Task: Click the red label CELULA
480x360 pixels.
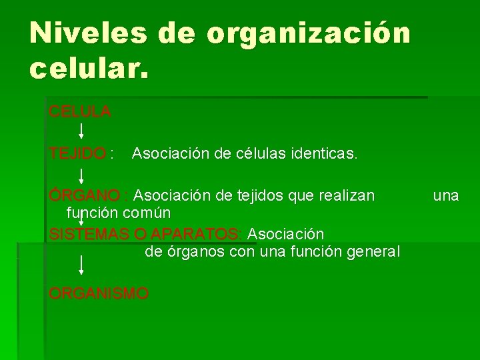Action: pos(80,111)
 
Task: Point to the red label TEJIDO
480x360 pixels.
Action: pos(77,154)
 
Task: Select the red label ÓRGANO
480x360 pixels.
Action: pos(84,196)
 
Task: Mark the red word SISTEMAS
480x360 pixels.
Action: pos(90,235)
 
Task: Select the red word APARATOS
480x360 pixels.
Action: pos(195,235)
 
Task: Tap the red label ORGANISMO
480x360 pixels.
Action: pos(99,293)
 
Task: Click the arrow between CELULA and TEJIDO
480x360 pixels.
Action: pos(81,129)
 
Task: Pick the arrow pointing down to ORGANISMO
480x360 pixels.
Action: pos(81,265)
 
